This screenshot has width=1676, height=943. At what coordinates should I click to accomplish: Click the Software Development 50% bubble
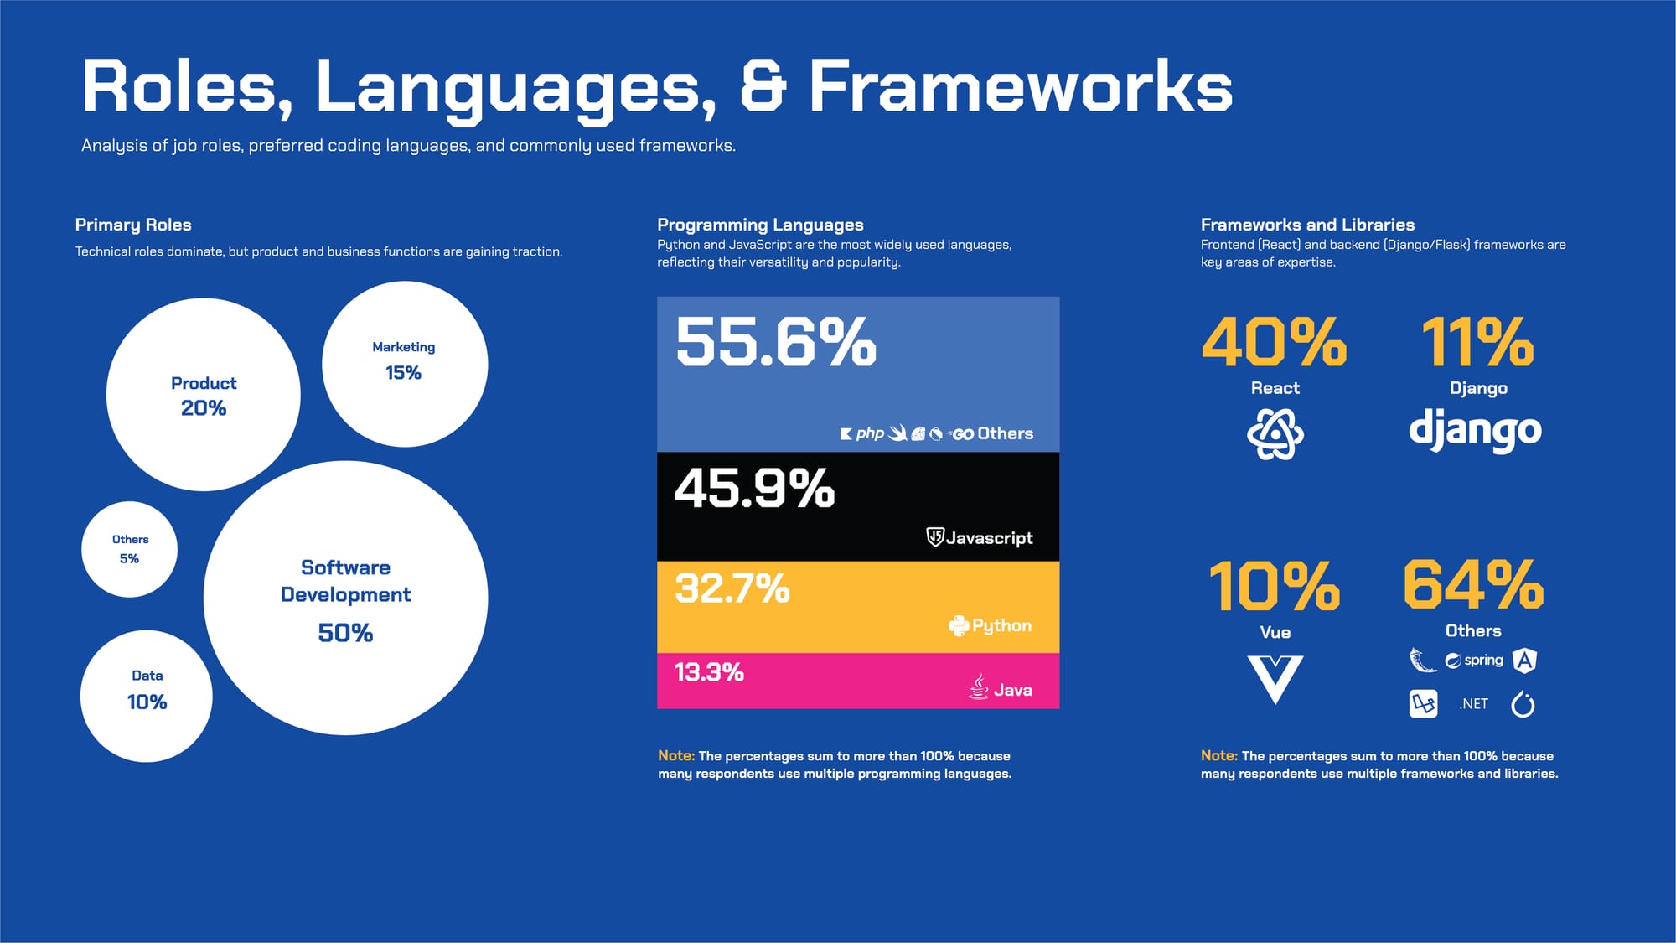(345, 598)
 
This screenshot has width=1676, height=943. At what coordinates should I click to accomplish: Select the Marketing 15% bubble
(405, 364)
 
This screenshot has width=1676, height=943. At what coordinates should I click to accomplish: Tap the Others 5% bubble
(129, 549)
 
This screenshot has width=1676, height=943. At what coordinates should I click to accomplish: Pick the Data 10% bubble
(147, 696)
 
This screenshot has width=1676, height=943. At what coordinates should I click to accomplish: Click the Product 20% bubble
(204, 395)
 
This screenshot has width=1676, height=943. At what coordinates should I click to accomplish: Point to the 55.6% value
(776, 342)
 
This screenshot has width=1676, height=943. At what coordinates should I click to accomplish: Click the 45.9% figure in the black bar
(755, 488)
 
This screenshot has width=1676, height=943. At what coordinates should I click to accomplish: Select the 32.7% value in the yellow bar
(732, 588)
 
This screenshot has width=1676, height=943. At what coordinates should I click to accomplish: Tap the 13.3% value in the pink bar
(709, 672)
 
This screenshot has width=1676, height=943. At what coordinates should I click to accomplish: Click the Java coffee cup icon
(979, 687)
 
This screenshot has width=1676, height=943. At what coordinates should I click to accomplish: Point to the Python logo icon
(959, 625)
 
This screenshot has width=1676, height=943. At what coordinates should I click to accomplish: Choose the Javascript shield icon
(935, 537)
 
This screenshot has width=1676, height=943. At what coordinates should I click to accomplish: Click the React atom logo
(1275, 433)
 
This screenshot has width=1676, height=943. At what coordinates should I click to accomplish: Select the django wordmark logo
(1475, 431)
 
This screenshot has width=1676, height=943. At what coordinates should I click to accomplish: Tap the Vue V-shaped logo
(1275, 680)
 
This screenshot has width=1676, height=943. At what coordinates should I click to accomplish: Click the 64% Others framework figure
(1473, 584)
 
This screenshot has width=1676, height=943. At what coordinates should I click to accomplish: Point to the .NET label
(1473, 704)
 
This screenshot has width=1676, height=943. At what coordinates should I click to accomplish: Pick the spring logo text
(1484, 661)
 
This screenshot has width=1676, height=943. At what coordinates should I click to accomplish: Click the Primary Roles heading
(133, 225)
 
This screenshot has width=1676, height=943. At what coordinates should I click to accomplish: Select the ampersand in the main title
(763, 85)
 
